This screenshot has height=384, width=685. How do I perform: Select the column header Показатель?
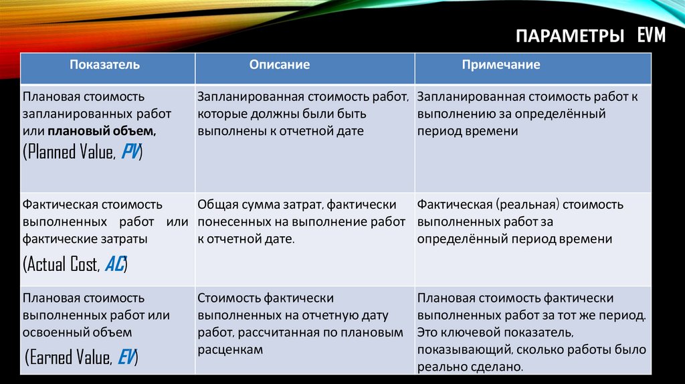[105, 65]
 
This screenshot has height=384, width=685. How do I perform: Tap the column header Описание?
[280, 65]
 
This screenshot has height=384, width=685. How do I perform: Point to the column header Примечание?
[500, 65]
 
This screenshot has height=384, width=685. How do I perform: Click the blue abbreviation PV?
[130, 152]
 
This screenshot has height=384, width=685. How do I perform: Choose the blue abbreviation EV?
[125, 357]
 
